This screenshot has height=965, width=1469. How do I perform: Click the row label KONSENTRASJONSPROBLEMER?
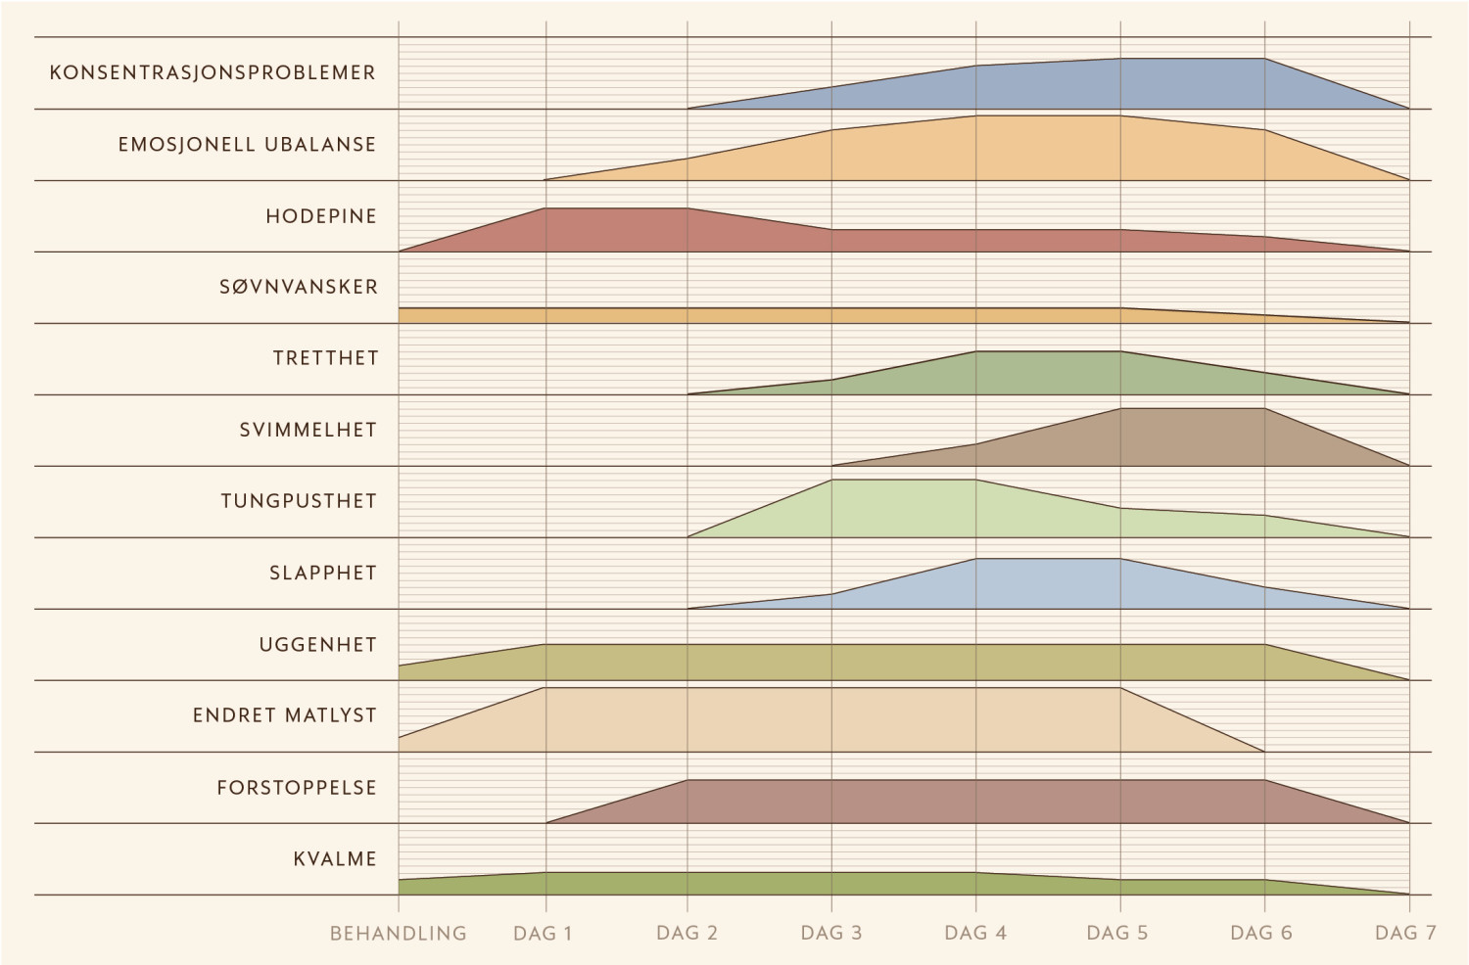[213, 73]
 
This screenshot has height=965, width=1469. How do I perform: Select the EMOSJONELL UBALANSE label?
[247, 145]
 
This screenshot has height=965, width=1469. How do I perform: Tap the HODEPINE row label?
[321, 216]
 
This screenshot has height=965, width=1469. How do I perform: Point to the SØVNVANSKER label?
[299, 288]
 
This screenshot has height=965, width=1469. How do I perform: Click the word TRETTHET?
[325, 359]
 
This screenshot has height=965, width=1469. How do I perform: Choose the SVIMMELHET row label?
[308, 431]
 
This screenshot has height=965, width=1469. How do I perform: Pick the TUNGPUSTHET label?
[299, 502]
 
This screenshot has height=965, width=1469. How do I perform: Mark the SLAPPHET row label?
[323, 574]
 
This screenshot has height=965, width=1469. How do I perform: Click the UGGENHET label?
[318, 645]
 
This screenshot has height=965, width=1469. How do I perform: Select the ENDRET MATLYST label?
[285, 716]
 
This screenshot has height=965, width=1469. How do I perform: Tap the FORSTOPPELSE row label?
[297, 788]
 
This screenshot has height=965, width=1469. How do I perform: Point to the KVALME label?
[335, 859]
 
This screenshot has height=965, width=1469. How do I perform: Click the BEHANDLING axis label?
[399, 934]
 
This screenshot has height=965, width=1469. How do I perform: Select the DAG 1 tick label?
[543, 934]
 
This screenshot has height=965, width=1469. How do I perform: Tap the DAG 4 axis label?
[975, 934]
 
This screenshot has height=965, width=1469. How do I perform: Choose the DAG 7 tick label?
[1405, 934]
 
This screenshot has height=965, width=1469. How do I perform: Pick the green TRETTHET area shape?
[1048, 374]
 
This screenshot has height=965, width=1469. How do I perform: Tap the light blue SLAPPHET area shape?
[1048, 584]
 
